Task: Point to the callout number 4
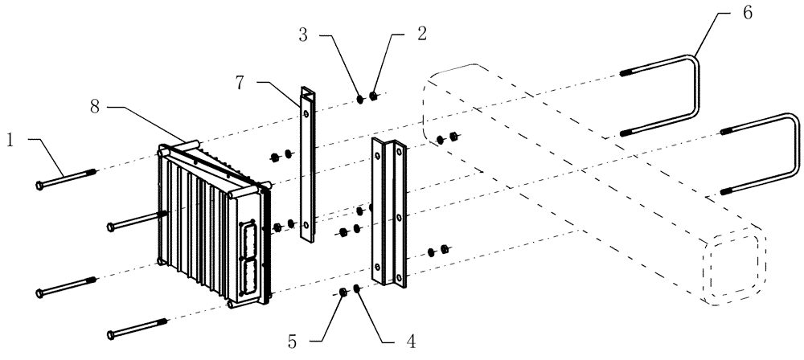411,341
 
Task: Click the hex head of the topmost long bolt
40,185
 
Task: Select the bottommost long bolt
137,328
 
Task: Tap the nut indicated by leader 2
374,97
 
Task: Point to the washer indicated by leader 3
360,100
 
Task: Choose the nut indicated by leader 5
343,291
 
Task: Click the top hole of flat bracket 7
306,100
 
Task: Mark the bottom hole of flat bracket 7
306,225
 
